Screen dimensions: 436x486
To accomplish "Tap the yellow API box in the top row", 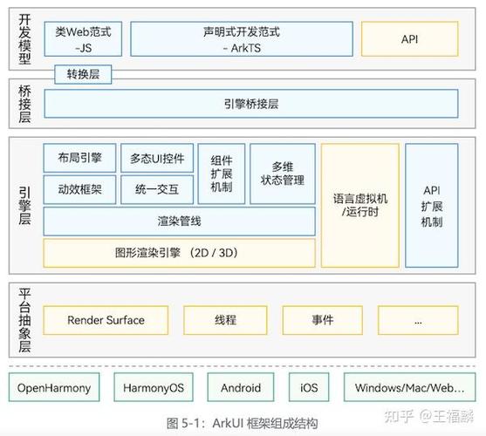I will (x=410, y=39).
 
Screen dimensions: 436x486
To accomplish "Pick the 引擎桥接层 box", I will (x=251, y=104).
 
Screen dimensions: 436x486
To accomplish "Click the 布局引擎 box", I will (x=79, y=158).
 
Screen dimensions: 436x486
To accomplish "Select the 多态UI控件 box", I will (x=157, y=158).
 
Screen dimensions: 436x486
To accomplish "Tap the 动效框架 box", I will (x=79, y=189).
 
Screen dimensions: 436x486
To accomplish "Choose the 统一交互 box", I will (x=157, y=189).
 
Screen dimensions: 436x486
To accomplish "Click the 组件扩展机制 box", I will (x=222, y=174).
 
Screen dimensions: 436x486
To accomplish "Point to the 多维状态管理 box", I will (x=282, y=174).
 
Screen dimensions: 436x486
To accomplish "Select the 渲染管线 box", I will (x=179, y=221).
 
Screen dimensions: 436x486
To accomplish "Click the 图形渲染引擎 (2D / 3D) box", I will (x=179, y=253).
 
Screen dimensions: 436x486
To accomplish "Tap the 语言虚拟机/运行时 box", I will (x=359, y=205).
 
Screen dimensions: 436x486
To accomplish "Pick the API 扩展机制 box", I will (x=431, y=205).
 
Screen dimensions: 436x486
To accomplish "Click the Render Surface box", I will (x=106, y=320).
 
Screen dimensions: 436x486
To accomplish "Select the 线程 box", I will (x=225, y=320).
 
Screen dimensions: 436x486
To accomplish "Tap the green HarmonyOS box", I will (x=154, y=388).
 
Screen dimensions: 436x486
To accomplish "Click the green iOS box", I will (x=309, y=388).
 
